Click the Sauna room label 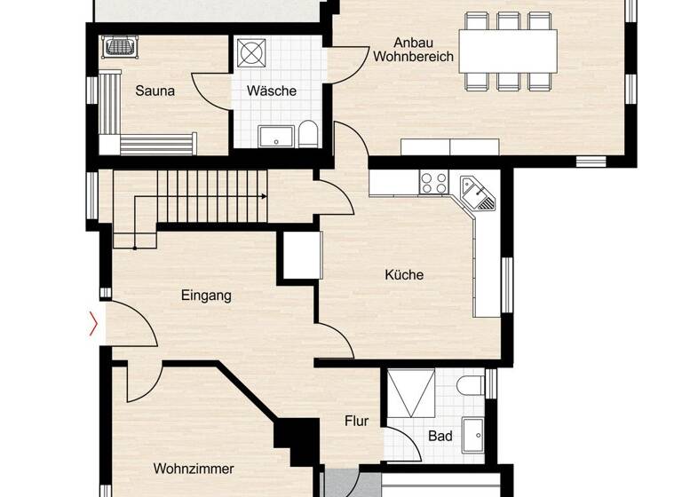pos(155,91)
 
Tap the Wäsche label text pos(272,91)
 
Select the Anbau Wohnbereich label pos(413,49)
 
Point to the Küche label pos(404,275)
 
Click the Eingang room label pos(206,296)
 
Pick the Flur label pos(357,422)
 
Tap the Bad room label pos(440,436)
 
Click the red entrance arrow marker pos(93,324)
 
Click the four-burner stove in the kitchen pos(433,183)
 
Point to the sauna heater pos(116,45)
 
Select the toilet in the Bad pos(471,385)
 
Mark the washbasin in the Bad pos(472,432)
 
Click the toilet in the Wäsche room pos(307,134)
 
